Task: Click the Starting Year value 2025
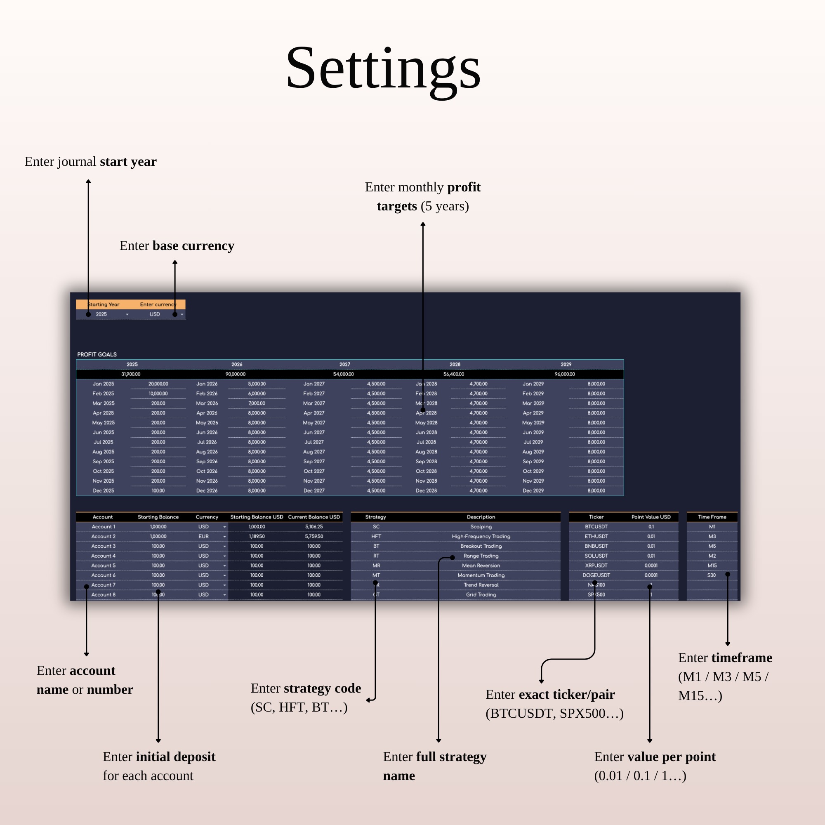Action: [x=101, y=314]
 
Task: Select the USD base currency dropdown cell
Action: [x=155, y=314]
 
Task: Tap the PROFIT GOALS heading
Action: [x=97, y=354]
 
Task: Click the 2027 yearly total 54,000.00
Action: [x=343, y=374]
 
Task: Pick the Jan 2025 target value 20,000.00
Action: [x=158, y=384]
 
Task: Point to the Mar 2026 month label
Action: [x=207, y=403]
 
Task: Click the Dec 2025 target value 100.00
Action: [x=158, y=490]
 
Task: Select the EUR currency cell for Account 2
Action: [x=204, y=536]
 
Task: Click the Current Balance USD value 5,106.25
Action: [x=314, y=526]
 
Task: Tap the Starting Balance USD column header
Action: [x=257, y=517]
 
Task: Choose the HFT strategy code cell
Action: [x=376, y=536]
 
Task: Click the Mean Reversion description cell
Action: [x=481, y=566]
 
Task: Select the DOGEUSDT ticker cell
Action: [x=596, y=575]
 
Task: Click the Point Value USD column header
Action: [x=651, y=517]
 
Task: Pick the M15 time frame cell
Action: [x=712, y=566]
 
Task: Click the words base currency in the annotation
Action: [x=193, y=246]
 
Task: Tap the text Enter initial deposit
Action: [x=159, y=757]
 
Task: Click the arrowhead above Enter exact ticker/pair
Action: [x=542, y=681]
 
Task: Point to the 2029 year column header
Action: [x=566, y=364]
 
